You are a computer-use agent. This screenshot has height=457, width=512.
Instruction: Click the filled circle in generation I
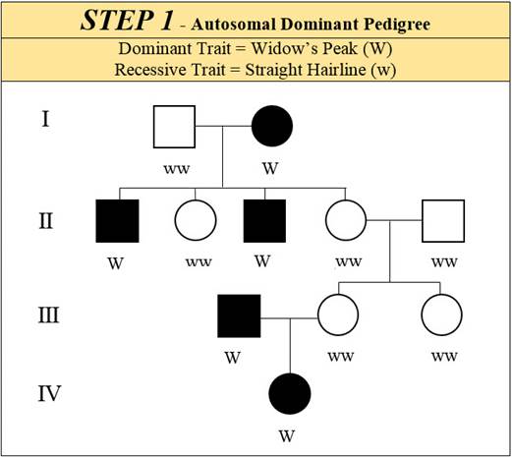272,126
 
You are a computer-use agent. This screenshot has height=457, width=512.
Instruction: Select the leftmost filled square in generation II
117,221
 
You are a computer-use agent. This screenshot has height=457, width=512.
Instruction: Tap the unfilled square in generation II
443,221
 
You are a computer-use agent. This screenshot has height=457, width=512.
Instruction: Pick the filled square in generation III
239,316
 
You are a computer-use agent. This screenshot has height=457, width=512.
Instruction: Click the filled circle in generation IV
290,394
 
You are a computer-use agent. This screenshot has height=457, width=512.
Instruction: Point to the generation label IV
49,393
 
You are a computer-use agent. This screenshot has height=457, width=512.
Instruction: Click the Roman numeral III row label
49,315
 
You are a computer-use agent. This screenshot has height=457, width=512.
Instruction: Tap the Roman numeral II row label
46,220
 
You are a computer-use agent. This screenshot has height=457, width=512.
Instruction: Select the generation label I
45,119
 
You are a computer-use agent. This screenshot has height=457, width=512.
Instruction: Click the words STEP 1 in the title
127,21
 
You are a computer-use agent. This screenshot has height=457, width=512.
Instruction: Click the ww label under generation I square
177,169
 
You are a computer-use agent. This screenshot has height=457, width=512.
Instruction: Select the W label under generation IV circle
287,436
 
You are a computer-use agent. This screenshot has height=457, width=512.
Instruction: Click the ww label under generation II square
444,262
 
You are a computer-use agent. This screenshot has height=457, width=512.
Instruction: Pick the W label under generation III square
233,358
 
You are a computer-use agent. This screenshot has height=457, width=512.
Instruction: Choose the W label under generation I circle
270,168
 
